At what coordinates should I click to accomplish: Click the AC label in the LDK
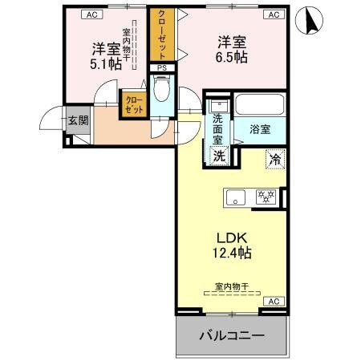point(272,302)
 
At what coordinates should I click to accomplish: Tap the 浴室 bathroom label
point(258,128)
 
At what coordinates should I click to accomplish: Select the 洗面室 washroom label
point(218,128)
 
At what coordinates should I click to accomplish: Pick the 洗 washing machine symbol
point(219,156)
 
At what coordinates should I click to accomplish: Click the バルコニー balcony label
point(231,335)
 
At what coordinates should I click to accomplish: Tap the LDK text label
point(230,237)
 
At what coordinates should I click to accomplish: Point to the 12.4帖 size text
point(231,254)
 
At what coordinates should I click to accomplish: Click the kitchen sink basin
point(235,197)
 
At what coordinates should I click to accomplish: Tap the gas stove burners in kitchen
point(266,196)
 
